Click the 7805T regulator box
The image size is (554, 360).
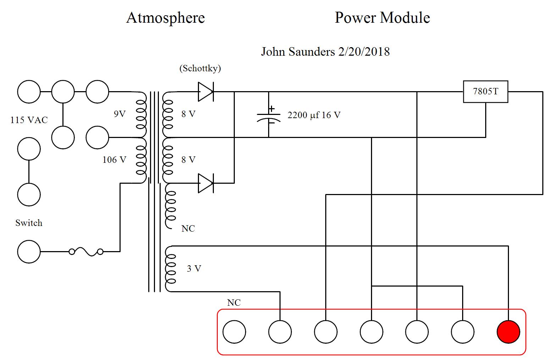coord(486,92)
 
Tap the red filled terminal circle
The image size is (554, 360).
coord(508,332)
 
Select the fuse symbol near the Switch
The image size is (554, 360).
coord(86,252)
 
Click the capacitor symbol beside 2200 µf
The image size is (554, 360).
coord(268,115)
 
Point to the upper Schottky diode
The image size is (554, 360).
coord(205,92)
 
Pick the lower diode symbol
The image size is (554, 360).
coord(205,183)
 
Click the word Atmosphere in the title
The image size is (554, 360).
coord(165,18)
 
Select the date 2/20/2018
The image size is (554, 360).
coord(364,52)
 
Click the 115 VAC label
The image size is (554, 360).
coord(29,120)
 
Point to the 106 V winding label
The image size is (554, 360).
coord(114,160)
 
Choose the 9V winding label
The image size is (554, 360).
coord(120,114)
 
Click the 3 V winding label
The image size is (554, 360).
coord(194,268)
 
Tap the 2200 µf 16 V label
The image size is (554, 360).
coord(314,115)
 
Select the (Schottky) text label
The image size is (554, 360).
coord(200,68)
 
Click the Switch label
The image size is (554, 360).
coord(29,223)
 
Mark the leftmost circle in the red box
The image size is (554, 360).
coord(234,332)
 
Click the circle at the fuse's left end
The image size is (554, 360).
coord(29,251)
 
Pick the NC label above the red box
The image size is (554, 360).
coord(234,303)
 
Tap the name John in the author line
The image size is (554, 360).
coord(273,52)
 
